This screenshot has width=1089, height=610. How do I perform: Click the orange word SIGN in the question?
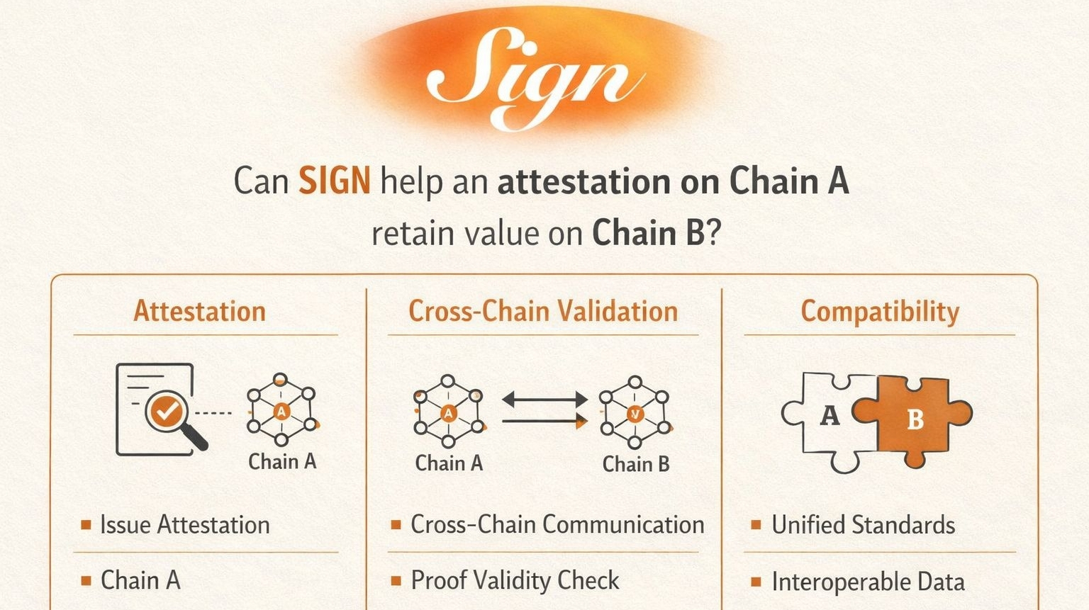click(x=334, y=181)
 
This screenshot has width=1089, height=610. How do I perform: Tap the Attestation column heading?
click(x=199, y=311)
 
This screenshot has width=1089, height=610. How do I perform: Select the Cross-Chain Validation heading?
click(x=543, y=311)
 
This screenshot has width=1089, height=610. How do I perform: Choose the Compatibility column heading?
click(x=879, y=311)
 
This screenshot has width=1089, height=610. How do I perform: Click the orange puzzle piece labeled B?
click(x=915, y=419)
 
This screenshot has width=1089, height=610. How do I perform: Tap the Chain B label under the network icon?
click(x=635, y=464)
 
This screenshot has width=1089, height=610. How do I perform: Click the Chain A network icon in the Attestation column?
click(x=281, y=412)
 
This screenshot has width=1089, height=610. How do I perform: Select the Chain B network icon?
click(x=635, y=413)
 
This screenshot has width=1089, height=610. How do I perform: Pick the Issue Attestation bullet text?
click(x=184, y=525)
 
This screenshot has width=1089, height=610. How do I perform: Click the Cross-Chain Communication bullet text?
click(x=557, y=524)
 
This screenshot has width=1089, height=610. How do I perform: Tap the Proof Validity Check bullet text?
click(x=515, y=580)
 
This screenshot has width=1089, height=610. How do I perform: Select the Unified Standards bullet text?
click(x=863, y=525)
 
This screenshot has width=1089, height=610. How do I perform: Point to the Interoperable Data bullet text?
click(x=868, y=582)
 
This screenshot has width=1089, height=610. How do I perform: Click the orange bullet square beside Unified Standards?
click(x=756, y=525)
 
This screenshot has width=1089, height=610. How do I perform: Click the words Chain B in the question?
click(x=649, y=233)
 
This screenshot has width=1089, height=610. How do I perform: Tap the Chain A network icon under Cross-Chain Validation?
click(x=448, y=412)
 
